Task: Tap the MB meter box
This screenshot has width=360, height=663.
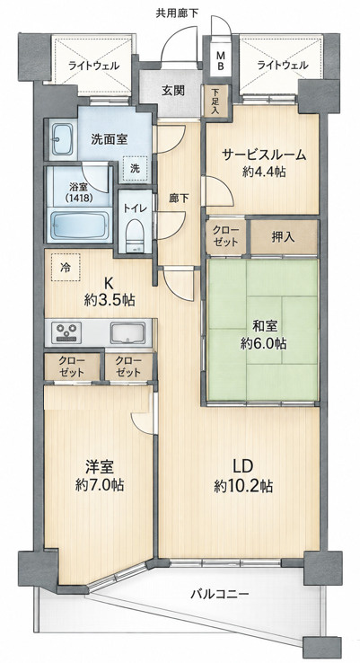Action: [221, 60]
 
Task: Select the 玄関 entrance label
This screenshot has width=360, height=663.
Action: [173, 90]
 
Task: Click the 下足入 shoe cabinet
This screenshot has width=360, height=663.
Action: [216, 101]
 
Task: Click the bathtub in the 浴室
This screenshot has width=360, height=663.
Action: [80, 226]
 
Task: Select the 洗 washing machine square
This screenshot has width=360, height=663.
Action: [135, 169]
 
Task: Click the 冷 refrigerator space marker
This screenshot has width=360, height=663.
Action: [66, 267]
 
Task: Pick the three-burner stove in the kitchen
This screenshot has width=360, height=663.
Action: [66, 332]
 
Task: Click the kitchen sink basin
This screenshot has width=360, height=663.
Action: [127, 332]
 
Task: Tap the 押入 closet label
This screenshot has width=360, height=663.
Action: [283, 238]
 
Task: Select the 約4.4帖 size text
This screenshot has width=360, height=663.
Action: [264, 172]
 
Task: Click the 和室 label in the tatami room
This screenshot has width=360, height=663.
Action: [265, 326]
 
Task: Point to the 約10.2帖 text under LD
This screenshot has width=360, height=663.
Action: [243, 486]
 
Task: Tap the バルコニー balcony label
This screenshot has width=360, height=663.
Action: [220, 594]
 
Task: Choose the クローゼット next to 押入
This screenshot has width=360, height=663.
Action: [225, 237]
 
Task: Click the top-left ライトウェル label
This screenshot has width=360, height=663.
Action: [93, 66]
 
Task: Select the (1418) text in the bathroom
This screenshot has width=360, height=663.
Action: [79, 197]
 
